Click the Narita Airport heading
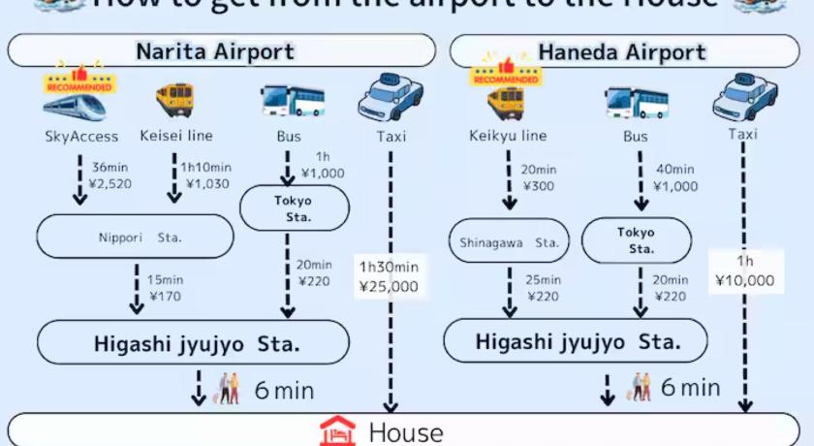[x=214, y=50]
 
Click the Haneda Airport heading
[x=622, y=51]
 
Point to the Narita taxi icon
[x=391, y=94]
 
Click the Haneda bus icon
[x=636, y=101]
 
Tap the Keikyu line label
[x=507, y=136]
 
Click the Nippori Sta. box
[x=136, y=237]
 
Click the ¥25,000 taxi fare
[x=389, y=286]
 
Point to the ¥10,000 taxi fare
[x=744, y=281]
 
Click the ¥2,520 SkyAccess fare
[x=109, y=183]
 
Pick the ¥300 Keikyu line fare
[x=539, y=185]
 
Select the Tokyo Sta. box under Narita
[x=293, y=208]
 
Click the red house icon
[x=338, y=430]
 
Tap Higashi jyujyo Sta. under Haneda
[x=576, y=341]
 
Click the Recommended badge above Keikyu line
[x=504, y=74]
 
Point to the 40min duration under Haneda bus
[x=675, y=170]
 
